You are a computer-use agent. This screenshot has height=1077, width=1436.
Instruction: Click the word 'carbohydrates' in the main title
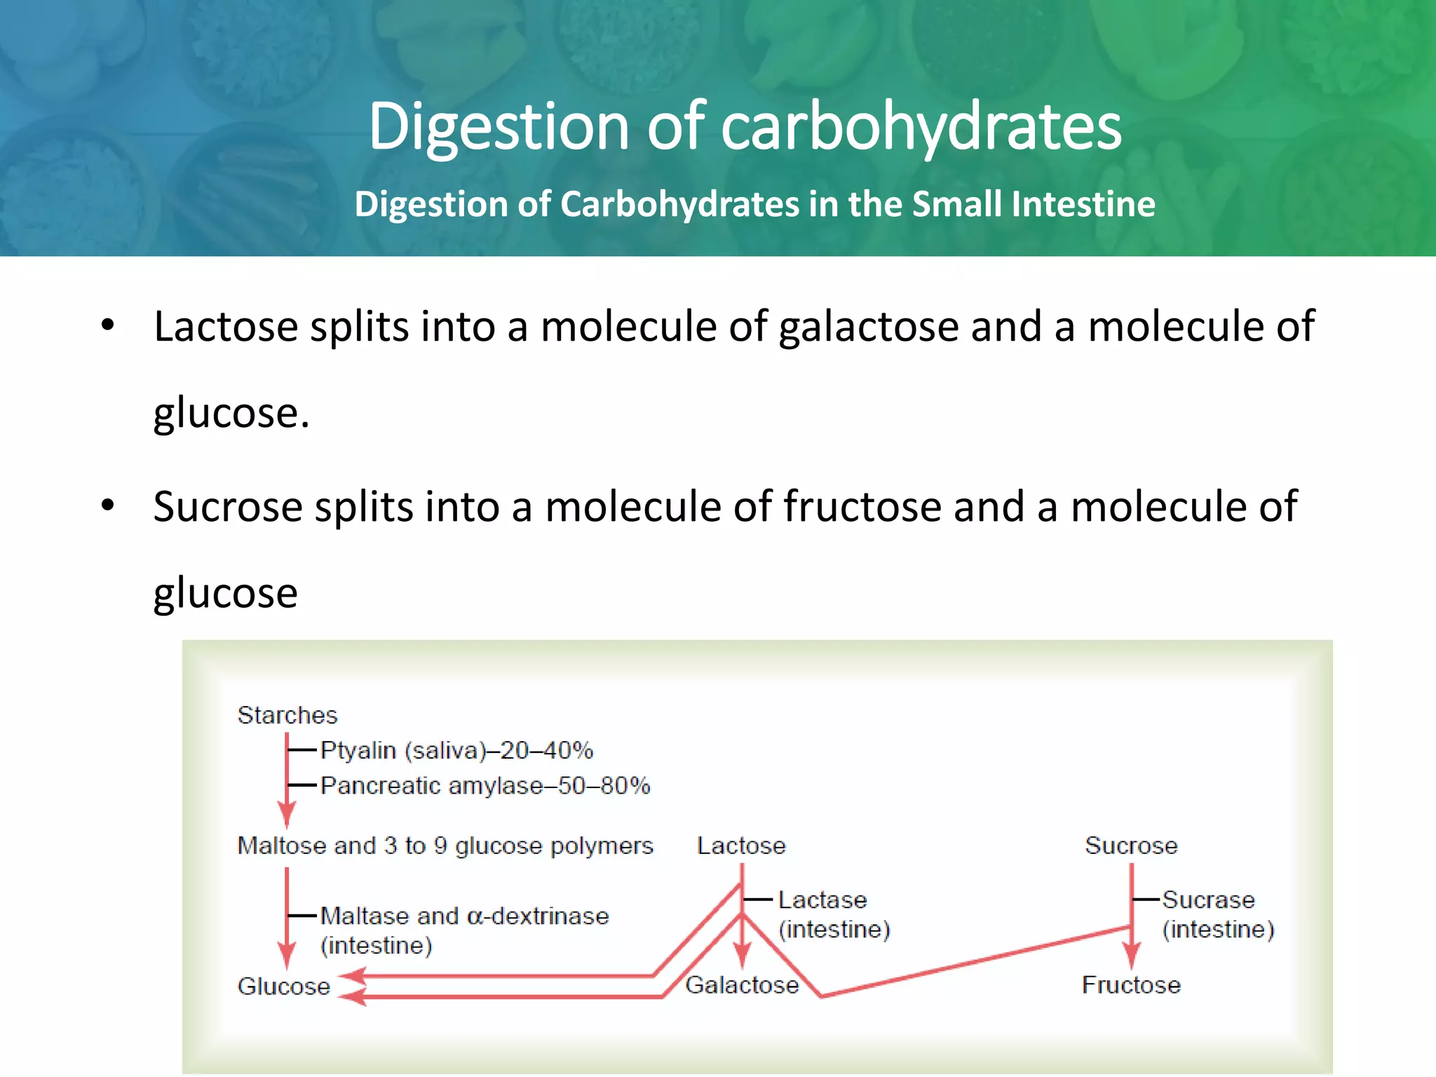921,127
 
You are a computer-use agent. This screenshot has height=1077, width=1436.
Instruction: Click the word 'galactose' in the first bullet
868,327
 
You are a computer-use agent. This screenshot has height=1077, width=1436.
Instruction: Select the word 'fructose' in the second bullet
862,507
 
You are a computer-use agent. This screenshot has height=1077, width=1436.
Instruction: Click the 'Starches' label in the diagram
287,715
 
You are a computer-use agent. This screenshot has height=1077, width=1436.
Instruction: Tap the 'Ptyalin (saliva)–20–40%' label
456,750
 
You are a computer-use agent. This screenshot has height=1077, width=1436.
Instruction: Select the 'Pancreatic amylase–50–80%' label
485,785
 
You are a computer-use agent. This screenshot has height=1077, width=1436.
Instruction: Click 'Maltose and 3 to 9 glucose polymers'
445,846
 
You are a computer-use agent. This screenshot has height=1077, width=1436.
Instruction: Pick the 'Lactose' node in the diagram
741,846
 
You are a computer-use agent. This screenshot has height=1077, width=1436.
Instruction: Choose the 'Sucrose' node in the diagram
1131,846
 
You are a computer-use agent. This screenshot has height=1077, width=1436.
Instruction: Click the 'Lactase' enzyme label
822,900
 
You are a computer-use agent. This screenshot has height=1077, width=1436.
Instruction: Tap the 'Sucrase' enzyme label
1208,900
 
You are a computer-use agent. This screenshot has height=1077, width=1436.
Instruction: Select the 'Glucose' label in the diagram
284,986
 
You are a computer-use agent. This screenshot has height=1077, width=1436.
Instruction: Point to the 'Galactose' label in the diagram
742,985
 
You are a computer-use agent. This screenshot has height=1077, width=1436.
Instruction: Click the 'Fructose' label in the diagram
1131,985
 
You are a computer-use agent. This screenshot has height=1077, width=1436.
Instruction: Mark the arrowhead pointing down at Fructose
1131,956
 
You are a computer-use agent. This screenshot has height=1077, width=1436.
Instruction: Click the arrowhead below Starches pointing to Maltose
287,815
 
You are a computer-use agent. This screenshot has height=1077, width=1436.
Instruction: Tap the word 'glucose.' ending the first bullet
231,414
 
